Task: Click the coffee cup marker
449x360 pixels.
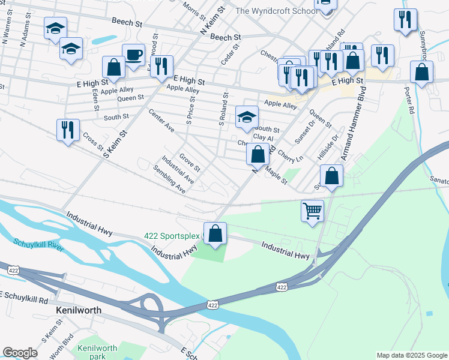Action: [x=133, y=55]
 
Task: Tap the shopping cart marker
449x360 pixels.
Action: [x=312, y=211]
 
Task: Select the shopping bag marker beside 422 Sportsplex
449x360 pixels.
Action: [x=215, y=234]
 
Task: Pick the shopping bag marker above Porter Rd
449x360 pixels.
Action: [x=422, y=72]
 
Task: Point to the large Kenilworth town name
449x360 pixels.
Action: [x=78, y=310]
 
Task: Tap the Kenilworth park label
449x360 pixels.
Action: [x=97, y=352]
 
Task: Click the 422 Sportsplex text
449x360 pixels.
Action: [x=172, y=235]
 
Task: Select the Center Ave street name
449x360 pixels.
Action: [x=160, y=121]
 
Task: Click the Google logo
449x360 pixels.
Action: [x=20, y=352]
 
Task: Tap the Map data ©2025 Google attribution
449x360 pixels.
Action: [x=411, y=355]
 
